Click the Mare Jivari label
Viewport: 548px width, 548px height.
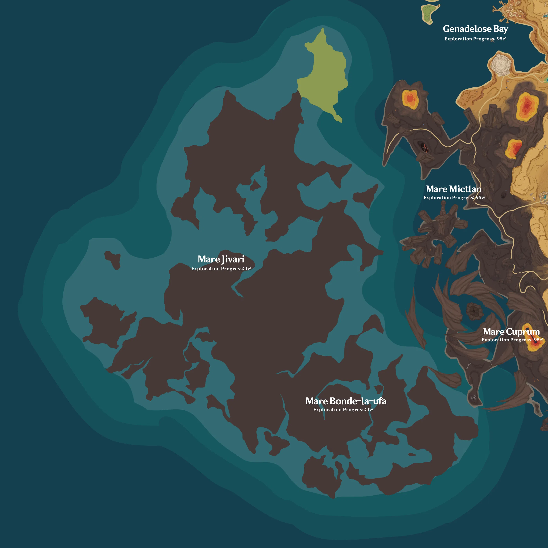(221, 259)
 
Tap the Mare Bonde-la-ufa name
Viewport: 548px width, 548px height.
(346, 401)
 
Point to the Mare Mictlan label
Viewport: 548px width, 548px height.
(453, 189)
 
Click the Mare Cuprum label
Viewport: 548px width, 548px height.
(511, 331)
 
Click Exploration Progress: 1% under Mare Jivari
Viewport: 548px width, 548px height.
(221, 269)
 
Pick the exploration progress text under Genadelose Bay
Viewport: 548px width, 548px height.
(475, 39)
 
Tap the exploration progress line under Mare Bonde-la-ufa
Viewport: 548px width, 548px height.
(343, 410)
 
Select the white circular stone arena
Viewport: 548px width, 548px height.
(500, 63)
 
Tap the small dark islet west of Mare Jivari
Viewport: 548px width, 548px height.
(113, 259)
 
